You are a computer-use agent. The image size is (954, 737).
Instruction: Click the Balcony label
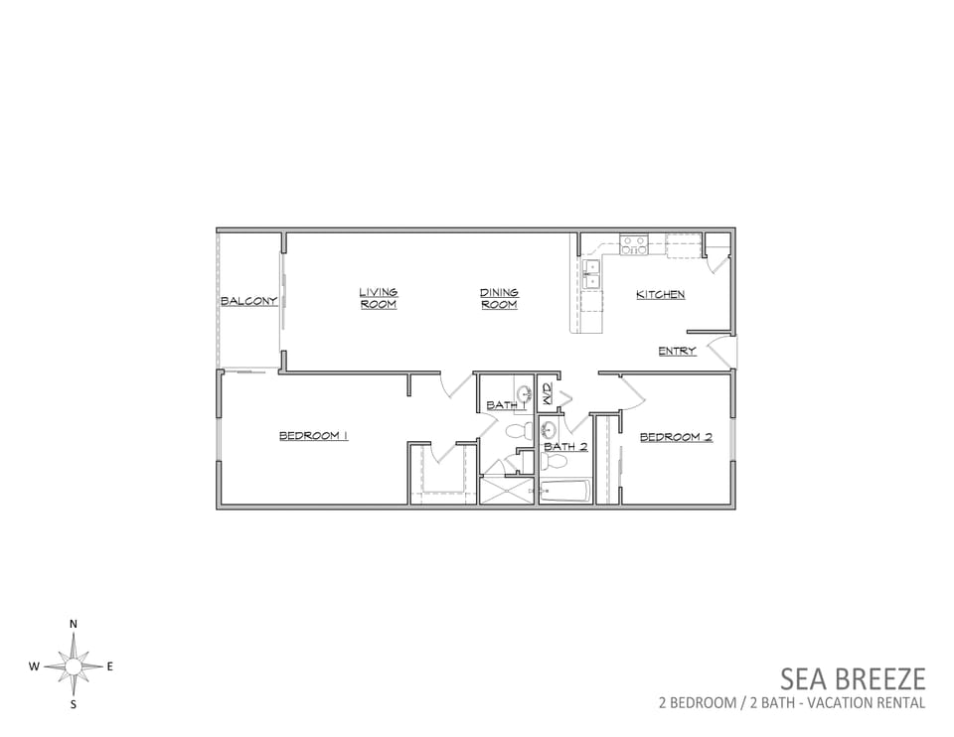[248, 301]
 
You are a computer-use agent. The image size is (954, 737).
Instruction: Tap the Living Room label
[378, 298]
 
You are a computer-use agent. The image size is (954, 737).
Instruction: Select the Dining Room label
[499, 298]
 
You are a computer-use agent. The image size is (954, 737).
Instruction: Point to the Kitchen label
[661, 294]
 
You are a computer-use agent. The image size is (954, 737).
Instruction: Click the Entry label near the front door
[677, 351]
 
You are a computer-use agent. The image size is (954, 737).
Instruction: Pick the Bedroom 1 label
[313, 435]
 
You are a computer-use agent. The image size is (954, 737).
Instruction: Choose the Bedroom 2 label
[676, 437]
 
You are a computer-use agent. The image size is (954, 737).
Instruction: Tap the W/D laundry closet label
[547, 394]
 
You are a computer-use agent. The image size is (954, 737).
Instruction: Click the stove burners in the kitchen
[633, 245]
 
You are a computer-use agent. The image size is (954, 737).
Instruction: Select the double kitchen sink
[590, 274]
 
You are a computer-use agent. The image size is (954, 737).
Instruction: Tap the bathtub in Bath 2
[565, 492]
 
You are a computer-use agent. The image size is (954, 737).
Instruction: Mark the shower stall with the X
[506, 491]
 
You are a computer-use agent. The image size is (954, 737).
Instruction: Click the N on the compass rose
[74, 624]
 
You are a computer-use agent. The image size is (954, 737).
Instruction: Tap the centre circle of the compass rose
[73, 667]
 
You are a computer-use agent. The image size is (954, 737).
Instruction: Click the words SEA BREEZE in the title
[853, 678]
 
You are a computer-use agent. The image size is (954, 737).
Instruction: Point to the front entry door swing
[722, 352]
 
